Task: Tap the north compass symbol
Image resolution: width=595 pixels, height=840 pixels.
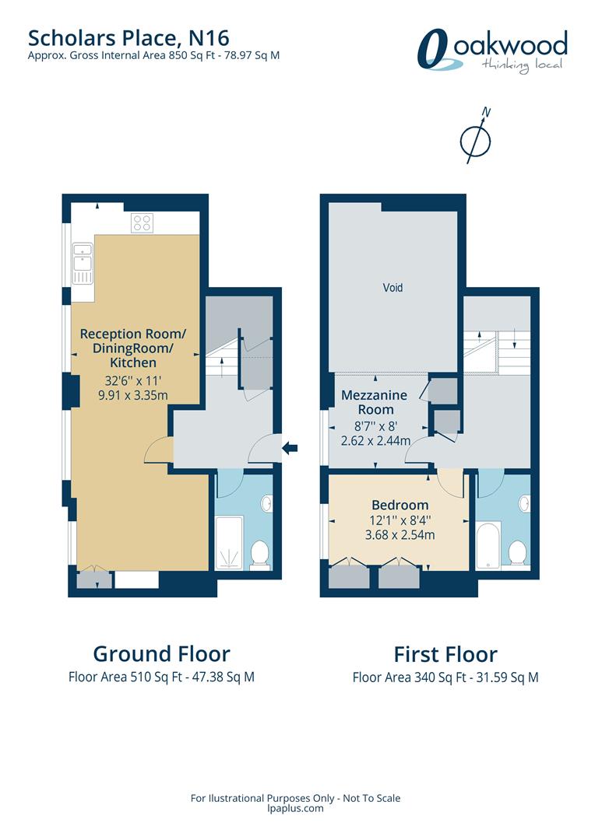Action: click(477, 137)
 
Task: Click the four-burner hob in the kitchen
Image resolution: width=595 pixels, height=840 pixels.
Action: click(143, 223)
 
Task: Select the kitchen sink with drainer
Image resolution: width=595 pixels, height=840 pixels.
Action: click(83, 263)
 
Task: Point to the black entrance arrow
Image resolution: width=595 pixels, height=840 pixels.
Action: click(290, 448)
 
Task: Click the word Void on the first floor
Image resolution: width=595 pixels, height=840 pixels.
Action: click(393, 288)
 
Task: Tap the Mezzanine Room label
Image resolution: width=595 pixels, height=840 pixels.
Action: click(375, 402)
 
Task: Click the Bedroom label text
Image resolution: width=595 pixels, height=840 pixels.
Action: click(400, 506)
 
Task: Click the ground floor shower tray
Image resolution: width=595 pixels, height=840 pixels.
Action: click(229, 542)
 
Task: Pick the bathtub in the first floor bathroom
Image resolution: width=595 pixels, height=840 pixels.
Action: click(488, 544)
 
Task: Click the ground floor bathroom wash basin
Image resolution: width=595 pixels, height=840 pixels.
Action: click(266, 503)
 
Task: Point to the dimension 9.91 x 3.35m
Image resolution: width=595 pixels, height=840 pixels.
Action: click(133, 396)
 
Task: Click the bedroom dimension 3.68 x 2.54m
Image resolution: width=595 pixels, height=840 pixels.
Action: click(400, 534)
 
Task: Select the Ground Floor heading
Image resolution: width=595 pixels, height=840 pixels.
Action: click(161, 654)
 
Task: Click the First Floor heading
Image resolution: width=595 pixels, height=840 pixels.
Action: click(445, 655)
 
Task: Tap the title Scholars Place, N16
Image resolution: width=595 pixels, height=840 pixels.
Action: click(129, 38)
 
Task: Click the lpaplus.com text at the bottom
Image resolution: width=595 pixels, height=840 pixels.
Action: click(295, 809)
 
